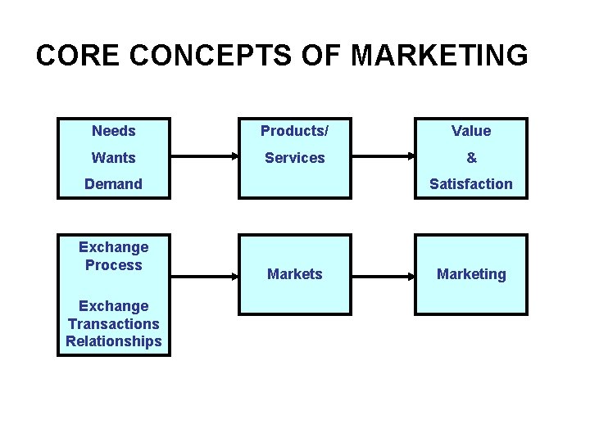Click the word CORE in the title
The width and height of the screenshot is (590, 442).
coord(77,56)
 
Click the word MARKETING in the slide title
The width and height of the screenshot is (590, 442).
coord(440,56)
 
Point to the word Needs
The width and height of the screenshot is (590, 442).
coord(114,131)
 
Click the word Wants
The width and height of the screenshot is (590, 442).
coord(114,157)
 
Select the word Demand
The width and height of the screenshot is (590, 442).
coord(114,184)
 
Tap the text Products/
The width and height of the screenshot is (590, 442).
coord(294,131)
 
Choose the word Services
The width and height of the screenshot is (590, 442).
coord(294,157)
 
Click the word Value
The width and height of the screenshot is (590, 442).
coord(471,131)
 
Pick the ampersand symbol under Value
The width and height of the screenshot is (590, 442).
coord(471,157)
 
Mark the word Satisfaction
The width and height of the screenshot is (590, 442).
coord(471,184)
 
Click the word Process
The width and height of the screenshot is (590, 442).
coord(114,265)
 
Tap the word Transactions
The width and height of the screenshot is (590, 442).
coord(114,324)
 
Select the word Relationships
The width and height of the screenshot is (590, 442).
coord(114,341)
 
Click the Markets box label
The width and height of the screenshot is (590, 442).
coord(294,274)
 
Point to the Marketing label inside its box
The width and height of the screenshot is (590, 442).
coord(471,274)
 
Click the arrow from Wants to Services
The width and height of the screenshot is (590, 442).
coord(205,156)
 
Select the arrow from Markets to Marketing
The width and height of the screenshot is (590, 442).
coord(383,275)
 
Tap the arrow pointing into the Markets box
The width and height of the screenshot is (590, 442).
coord(205,275)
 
